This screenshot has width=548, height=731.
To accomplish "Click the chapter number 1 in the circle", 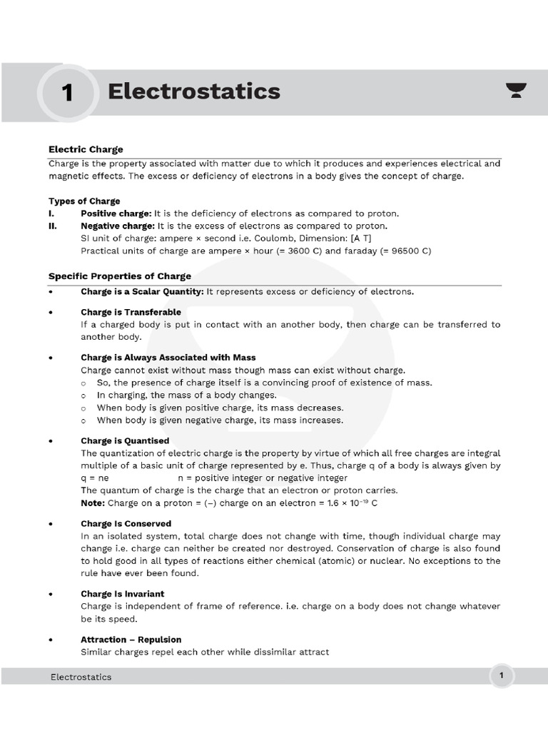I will [68, 93].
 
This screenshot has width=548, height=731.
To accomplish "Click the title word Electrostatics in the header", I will [193, 91].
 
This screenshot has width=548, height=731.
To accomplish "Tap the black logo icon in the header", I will [516, 90].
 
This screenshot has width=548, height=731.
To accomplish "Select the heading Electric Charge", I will [86, 149].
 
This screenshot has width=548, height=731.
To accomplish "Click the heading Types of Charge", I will [84, 201].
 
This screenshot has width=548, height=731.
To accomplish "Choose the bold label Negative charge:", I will [118, 226].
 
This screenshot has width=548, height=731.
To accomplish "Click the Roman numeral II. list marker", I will [53, 226].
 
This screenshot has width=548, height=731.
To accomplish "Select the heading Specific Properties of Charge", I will [120, 276].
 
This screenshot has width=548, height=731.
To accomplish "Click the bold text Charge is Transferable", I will [131, 312].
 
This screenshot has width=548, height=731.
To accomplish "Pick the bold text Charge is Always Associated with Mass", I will [168, 357].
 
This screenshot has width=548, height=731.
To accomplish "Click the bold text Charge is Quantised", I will [125, 440].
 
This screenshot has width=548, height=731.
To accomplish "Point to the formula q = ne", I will [95, 478].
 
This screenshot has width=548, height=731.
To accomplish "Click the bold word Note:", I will [93, 503].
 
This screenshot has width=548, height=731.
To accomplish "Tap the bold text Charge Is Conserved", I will [126, 523].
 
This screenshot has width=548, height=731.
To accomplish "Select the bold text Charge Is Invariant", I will [122, 593].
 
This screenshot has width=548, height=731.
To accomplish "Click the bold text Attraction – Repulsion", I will [131, 639].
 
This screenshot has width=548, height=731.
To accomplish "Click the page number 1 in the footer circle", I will [502, 675].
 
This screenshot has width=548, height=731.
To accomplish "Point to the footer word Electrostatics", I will [81, 677].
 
